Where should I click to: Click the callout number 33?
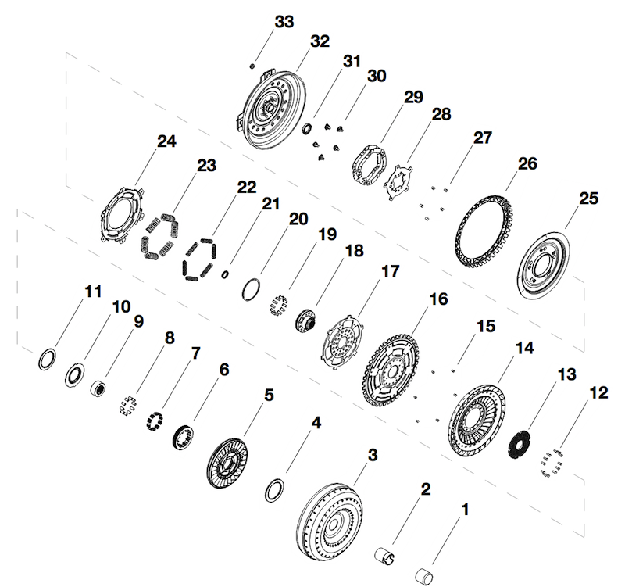pyautogui.click(x=284, y=22)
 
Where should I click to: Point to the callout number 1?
pyautogui.click(x=465, y=511)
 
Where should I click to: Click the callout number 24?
pyautogui.click(x=166, y=141)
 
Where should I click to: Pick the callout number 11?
pyautogui.click(x=93, y=292)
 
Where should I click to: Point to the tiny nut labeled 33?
pyautogui.click(x=252, y=66)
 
